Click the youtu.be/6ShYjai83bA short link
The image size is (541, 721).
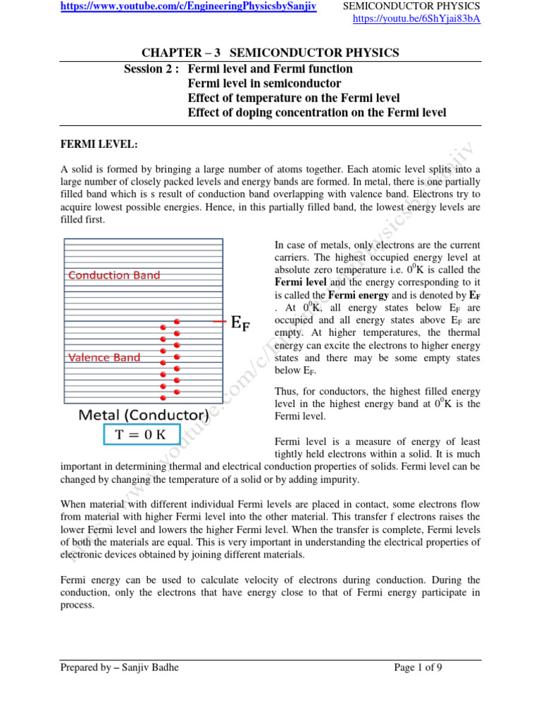coord(416,19)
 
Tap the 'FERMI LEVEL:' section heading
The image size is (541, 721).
coord(99,144)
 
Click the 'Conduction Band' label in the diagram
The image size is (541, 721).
coord(114,275)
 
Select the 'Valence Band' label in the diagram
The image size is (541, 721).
coord(104,358)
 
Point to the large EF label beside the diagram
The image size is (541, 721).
coord(240,323)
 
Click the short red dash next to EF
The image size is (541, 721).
coord(219,321)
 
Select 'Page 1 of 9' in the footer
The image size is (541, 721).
coord(418,667)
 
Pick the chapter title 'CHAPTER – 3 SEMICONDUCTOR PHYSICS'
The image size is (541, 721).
coord(270,53)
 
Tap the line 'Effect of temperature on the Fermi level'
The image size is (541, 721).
coord(294,98)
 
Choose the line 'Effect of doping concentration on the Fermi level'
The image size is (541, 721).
coord(317,113)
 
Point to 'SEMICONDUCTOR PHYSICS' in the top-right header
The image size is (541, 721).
coord(411,6)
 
